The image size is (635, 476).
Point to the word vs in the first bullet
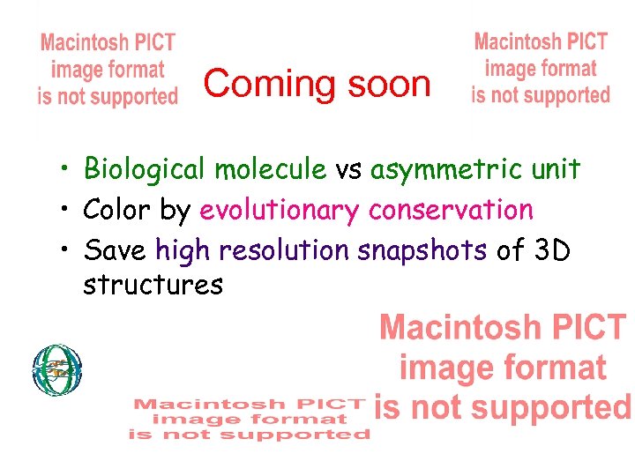click(348, 169)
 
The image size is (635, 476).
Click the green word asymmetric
click(449, 169)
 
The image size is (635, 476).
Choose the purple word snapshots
click(422, 251)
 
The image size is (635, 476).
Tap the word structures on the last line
click(153, 285)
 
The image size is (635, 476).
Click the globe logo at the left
click(57, 369)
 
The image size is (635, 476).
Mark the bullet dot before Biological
click(65, 169)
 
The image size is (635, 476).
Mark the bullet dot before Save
click(65, 251)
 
